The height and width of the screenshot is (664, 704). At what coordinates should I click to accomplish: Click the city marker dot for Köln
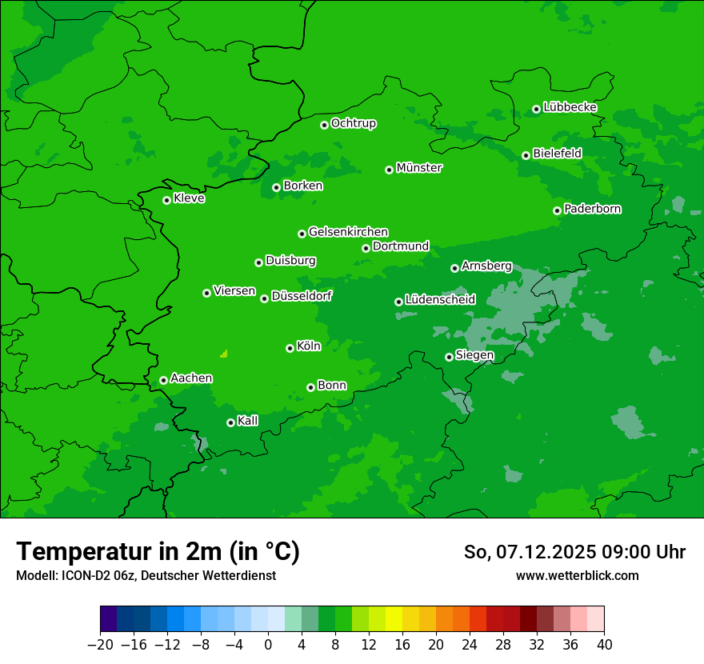290,348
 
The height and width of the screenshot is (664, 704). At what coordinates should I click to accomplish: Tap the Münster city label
419,168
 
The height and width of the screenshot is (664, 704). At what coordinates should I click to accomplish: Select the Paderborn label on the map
592,209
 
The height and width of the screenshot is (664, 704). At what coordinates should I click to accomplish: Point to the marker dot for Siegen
449,357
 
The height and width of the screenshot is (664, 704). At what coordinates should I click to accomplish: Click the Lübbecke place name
570,107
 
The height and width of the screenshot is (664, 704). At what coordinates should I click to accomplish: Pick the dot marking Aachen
163,380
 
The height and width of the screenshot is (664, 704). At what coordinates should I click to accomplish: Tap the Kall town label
248,421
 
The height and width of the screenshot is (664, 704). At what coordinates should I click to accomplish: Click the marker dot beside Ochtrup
324,125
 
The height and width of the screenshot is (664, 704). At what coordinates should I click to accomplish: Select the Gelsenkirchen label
348,232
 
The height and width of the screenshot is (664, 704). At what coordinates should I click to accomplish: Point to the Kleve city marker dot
166,200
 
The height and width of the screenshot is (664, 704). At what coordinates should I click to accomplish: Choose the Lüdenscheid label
440,300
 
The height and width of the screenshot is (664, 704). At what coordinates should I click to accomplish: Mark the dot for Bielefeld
526,155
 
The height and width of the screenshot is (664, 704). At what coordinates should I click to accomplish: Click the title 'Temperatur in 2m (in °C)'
158,551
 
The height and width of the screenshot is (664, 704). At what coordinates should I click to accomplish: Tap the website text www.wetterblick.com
577,575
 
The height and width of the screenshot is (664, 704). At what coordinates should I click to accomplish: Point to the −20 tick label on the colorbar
100,645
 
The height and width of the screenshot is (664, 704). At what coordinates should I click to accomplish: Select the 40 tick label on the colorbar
604,645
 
